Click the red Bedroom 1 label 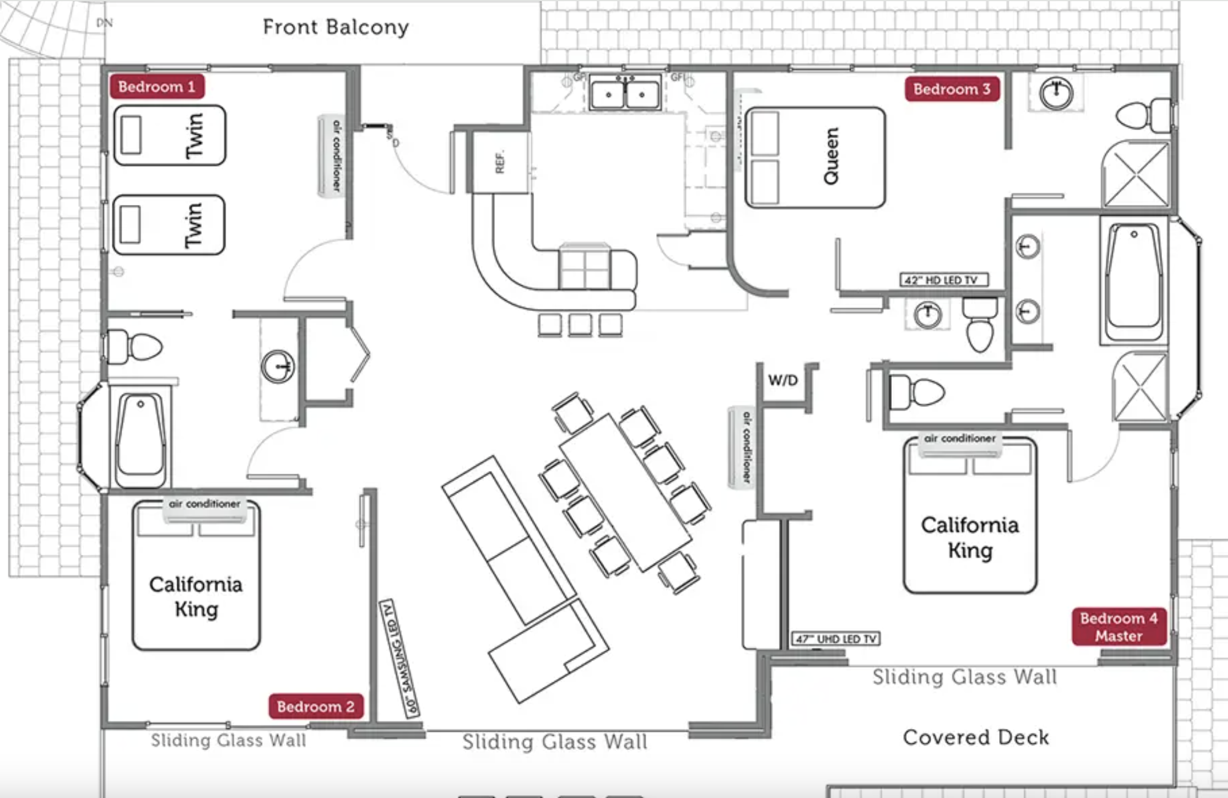[x=157, y=87]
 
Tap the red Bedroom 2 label [x=316, y=707]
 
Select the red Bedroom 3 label [x=951, y=89]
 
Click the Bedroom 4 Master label [x=1118, y=627]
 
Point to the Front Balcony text [x=336, y=27]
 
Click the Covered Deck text [x=976, y=737]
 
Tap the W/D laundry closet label [x=782, y=380]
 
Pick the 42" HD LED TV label [x=944, y=280]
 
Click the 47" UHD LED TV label [x=836, y=639]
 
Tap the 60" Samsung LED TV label [x=399, y=658]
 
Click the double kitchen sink [x=625, y=94]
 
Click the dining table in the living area [x=625, y=492]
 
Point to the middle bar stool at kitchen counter [x=580, y=325]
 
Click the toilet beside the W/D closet [x=916, y=392]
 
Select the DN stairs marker [x=104, y=23]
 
